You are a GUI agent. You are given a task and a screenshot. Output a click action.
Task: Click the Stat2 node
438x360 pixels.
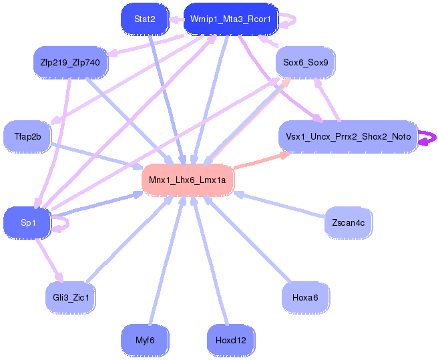pos(145,19)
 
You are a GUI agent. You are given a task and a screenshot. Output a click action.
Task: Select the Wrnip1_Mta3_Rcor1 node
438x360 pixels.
pos(231,19)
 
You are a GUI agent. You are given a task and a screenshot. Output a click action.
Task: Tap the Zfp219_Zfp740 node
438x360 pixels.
pos(70,62)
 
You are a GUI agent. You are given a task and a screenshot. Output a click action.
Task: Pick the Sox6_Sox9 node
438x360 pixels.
pos(306,62)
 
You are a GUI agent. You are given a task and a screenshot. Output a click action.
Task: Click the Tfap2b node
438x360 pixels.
pos(27,137)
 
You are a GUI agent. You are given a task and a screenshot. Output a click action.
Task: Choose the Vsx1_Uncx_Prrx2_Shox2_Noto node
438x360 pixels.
pos(348,137)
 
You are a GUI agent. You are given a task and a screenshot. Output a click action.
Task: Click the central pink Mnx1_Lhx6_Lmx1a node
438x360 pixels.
pos(188,180)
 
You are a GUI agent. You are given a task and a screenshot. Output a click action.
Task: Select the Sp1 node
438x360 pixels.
pos(27,223)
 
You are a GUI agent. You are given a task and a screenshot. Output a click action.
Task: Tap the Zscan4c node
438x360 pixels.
pos(348,223)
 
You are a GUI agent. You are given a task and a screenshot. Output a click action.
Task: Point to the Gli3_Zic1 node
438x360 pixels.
pos(70,297)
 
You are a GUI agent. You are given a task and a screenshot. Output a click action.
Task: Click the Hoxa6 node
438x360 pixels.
pos(306,297)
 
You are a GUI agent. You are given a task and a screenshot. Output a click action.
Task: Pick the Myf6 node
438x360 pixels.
pos(145,341)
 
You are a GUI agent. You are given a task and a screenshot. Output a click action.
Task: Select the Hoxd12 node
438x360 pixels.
pos(231,341)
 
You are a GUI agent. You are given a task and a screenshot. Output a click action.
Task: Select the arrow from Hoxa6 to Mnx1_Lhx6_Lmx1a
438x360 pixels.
pos(246,238)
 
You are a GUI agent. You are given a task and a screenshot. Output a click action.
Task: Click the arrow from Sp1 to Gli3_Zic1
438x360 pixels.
pos(49,260)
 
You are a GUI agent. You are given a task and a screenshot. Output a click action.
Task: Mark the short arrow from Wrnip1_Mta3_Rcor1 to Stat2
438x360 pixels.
pos(176,19)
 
